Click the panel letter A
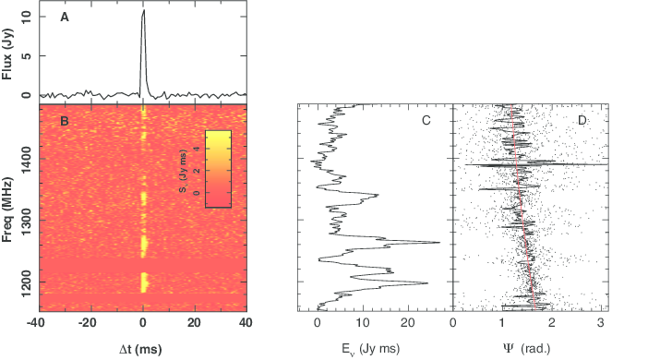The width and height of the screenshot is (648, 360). coord(65,18)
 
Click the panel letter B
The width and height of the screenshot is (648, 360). coord(65,121)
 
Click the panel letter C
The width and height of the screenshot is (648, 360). coord(426,120)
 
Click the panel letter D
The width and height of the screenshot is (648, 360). coord(582,120)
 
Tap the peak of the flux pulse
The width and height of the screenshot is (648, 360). coord(144,10)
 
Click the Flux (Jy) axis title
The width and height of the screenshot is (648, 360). coord(7,54)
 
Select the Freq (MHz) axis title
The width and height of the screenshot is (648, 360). coord(7,210)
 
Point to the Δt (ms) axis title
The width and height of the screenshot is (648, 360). coord(140,350)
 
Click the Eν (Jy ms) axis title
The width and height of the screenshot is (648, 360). coord(371,349)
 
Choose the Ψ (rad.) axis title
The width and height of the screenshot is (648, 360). coord(527,349)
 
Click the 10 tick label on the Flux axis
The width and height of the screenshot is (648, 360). coord(27,17)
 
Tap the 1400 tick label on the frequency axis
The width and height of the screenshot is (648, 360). coord(27,159)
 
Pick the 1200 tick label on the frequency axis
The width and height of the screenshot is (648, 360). coord(27,282)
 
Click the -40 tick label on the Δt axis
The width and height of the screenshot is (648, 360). coord(36,323)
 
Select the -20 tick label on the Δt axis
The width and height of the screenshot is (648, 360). coord(87,323)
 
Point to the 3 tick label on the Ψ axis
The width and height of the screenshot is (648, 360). coord(601,323)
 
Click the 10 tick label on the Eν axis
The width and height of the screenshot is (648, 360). coord(363,323)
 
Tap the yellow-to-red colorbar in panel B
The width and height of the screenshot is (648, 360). coord(218,169)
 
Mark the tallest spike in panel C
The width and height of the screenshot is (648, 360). coord(439,242)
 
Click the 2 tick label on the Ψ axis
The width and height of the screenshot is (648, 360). coord(552,323)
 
